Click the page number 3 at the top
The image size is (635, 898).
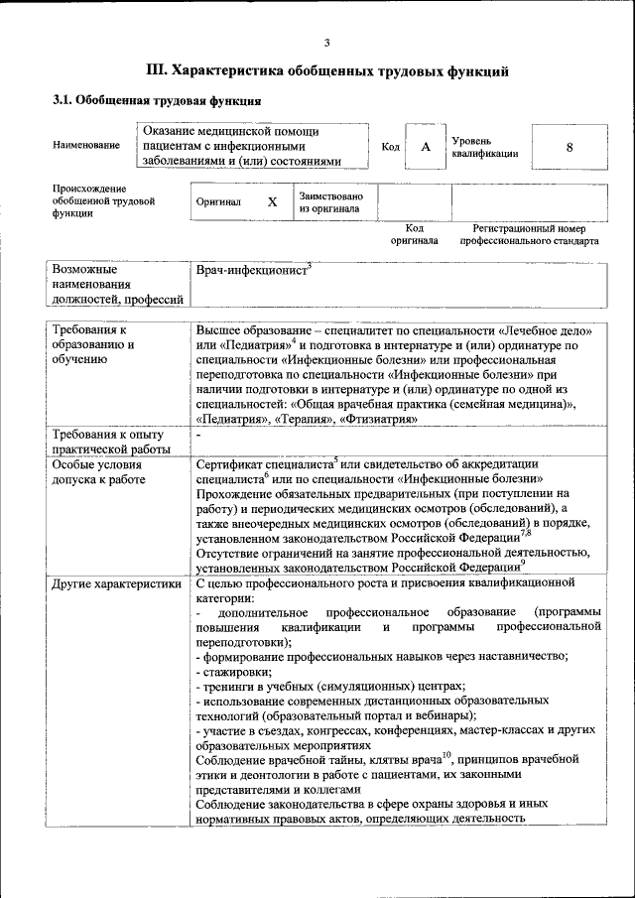(x=326, y=41)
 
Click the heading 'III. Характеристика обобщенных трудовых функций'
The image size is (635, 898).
(x=327, y=71)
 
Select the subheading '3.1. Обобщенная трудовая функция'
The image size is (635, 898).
(x=157, y=101)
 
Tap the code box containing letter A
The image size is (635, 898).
(x=426, y=147)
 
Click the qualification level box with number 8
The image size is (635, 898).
(x=570, y=147)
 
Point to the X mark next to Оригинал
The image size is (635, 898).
(x=272, y=201)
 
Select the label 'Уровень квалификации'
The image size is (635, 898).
(x=484, y=147)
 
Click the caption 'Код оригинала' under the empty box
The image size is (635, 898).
(x=414, y=234)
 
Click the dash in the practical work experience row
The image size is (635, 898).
(x=198, y=436)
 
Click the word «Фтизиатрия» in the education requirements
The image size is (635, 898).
(x=378, y=419)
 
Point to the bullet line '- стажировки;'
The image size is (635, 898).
(x=231, y=672)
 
